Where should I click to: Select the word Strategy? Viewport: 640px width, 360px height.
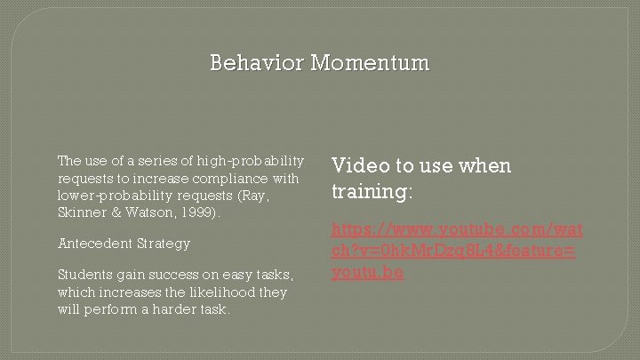coord(164,243)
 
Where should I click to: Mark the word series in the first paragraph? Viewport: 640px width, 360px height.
coord(157,161)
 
